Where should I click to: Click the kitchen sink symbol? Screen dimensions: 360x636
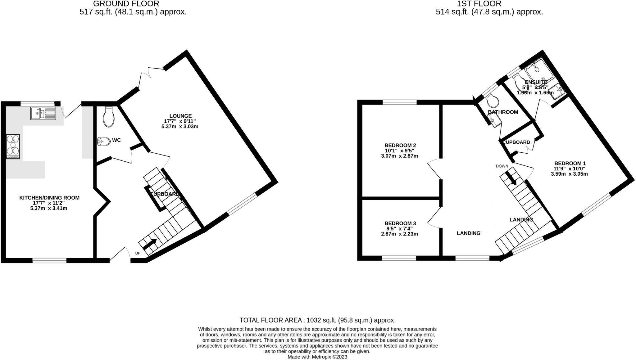point(43,113)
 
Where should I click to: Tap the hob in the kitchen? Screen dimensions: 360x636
point(13,146)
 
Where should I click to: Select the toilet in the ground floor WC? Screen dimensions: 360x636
point(109,117)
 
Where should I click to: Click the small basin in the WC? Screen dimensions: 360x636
point(104,142)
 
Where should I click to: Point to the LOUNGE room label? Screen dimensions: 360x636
point(180,116)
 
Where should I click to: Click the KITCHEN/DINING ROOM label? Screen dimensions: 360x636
point(49,198)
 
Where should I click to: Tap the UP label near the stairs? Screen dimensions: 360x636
point(138,253)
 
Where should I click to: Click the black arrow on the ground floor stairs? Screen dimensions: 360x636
point(149,245)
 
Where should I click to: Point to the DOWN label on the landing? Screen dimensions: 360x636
point(502,166)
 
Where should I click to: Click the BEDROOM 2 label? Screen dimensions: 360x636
point(400,145)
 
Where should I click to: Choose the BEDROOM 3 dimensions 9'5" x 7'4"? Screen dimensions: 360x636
point(399,229)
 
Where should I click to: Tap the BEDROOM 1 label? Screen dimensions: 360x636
point(570,163)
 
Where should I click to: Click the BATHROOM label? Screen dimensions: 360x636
point(503,112)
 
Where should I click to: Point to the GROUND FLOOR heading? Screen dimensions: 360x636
point(126,4)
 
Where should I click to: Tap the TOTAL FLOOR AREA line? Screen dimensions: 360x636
point(317,320)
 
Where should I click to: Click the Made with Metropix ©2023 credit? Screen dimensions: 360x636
point(317,357)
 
